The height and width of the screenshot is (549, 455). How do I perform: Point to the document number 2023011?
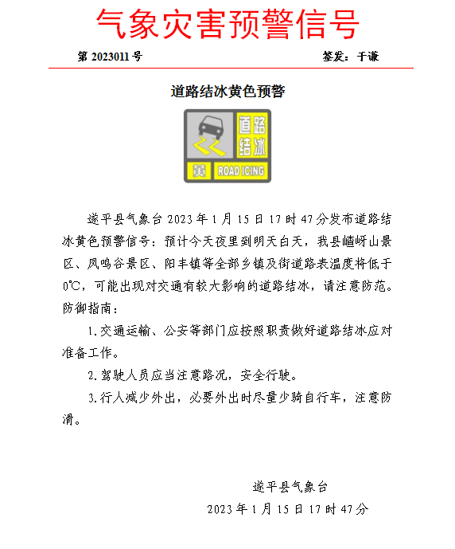pos(111,57)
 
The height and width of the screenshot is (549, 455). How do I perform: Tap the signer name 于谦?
pos(367,57)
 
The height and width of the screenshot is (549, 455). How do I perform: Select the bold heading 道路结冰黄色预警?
pos(227,92)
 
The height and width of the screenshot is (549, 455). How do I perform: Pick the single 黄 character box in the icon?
pos(198,171)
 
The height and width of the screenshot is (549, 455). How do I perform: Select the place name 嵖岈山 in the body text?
pos(356,240)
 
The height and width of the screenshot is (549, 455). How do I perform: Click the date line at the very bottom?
pos(288,508)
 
